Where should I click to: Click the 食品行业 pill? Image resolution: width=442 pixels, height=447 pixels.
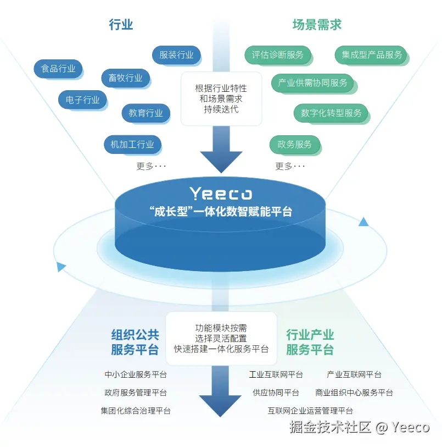pos(58,69)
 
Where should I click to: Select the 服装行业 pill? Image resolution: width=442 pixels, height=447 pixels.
pos(176,55)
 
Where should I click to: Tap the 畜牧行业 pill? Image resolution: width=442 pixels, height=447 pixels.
pos(125,78)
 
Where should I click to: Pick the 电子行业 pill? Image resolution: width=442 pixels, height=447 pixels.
pos(82,100)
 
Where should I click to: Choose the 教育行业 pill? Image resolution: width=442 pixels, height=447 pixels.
pos(146,113)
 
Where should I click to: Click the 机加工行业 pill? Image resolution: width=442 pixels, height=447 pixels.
pos(132,145)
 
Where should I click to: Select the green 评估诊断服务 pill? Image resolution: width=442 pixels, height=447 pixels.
pos(277,55)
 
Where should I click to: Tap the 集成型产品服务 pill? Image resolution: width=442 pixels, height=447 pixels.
pos(372,55)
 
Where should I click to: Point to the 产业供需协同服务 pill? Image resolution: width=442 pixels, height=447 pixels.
pos(312,83)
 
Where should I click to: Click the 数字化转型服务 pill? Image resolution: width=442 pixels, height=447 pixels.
pos(331,113)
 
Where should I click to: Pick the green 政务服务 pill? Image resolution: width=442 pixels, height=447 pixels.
pos(294,145)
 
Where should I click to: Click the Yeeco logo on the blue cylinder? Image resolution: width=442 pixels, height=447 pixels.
pos(221,194)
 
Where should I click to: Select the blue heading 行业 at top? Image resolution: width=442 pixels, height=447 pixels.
pos(121,25)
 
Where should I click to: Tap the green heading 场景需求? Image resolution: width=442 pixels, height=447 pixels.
pos(317,25)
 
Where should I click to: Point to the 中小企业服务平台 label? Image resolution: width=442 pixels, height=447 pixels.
pos(136,375)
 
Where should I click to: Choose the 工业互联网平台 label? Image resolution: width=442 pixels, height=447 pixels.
pos(276,375)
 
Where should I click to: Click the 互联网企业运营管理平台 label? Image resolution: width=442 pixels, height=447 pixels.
pos(310,411)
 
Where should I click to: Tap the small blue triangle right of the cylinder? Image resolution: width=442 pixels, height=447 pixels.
pos(363,222)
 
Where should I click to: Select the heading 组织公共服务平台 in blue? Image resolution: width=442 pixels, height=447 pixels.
pos(135,342)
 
